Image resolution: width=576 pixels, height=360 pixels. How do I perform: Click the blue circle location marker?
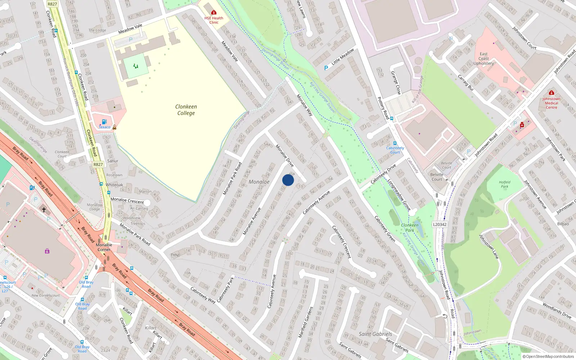click(288, 180)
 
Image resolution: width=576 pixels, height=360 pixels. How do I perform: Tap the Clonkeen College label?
click(186, 110)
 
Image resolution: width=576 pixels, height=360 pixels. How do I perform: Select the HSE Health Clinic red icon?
click(214, 13)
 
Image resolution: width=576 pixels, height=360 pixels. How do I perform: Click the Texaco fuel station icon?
click(104, 122)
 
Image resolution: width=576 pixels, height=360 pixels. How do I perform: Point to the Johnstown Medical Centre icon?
click(551, 93)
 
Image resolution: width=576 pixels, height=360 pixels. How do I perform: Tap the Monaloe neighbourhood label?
click(259, 182)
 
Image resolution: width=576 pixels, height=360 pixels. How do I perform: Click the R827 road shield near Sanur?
click(98, 165)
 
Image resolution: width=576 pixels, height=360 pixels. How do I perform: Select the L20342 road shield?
click(440, 224)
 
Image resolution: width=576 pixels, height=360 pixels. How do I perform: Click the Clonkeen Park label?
click(410, 228)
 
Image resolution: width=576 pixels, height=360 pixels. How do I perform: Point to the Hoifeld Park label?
click(505, 184)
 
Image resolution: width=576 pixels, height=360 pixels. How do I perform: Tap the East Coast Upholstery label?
click(483, 59)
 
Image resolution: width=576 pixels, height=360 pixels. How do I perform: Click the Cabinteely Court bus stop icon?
click(395, 143)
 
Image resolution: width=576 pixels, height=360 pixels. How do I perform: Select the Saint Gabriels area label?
click(375, 334)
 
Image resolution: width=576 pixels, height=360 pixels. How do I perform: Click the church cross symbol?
click(44, 210)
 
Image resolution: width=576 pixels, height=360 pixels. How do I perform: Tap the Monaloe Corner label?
click(104, 247)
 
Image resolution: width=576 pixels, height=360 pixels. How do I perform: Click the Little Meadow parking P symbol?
click(326, 68)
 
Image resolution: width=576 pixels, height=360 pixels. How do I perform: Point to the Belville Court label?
click(437, 177)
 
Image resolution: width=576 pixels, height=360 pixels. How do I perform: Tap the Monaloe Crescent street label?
click(127, 201)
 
